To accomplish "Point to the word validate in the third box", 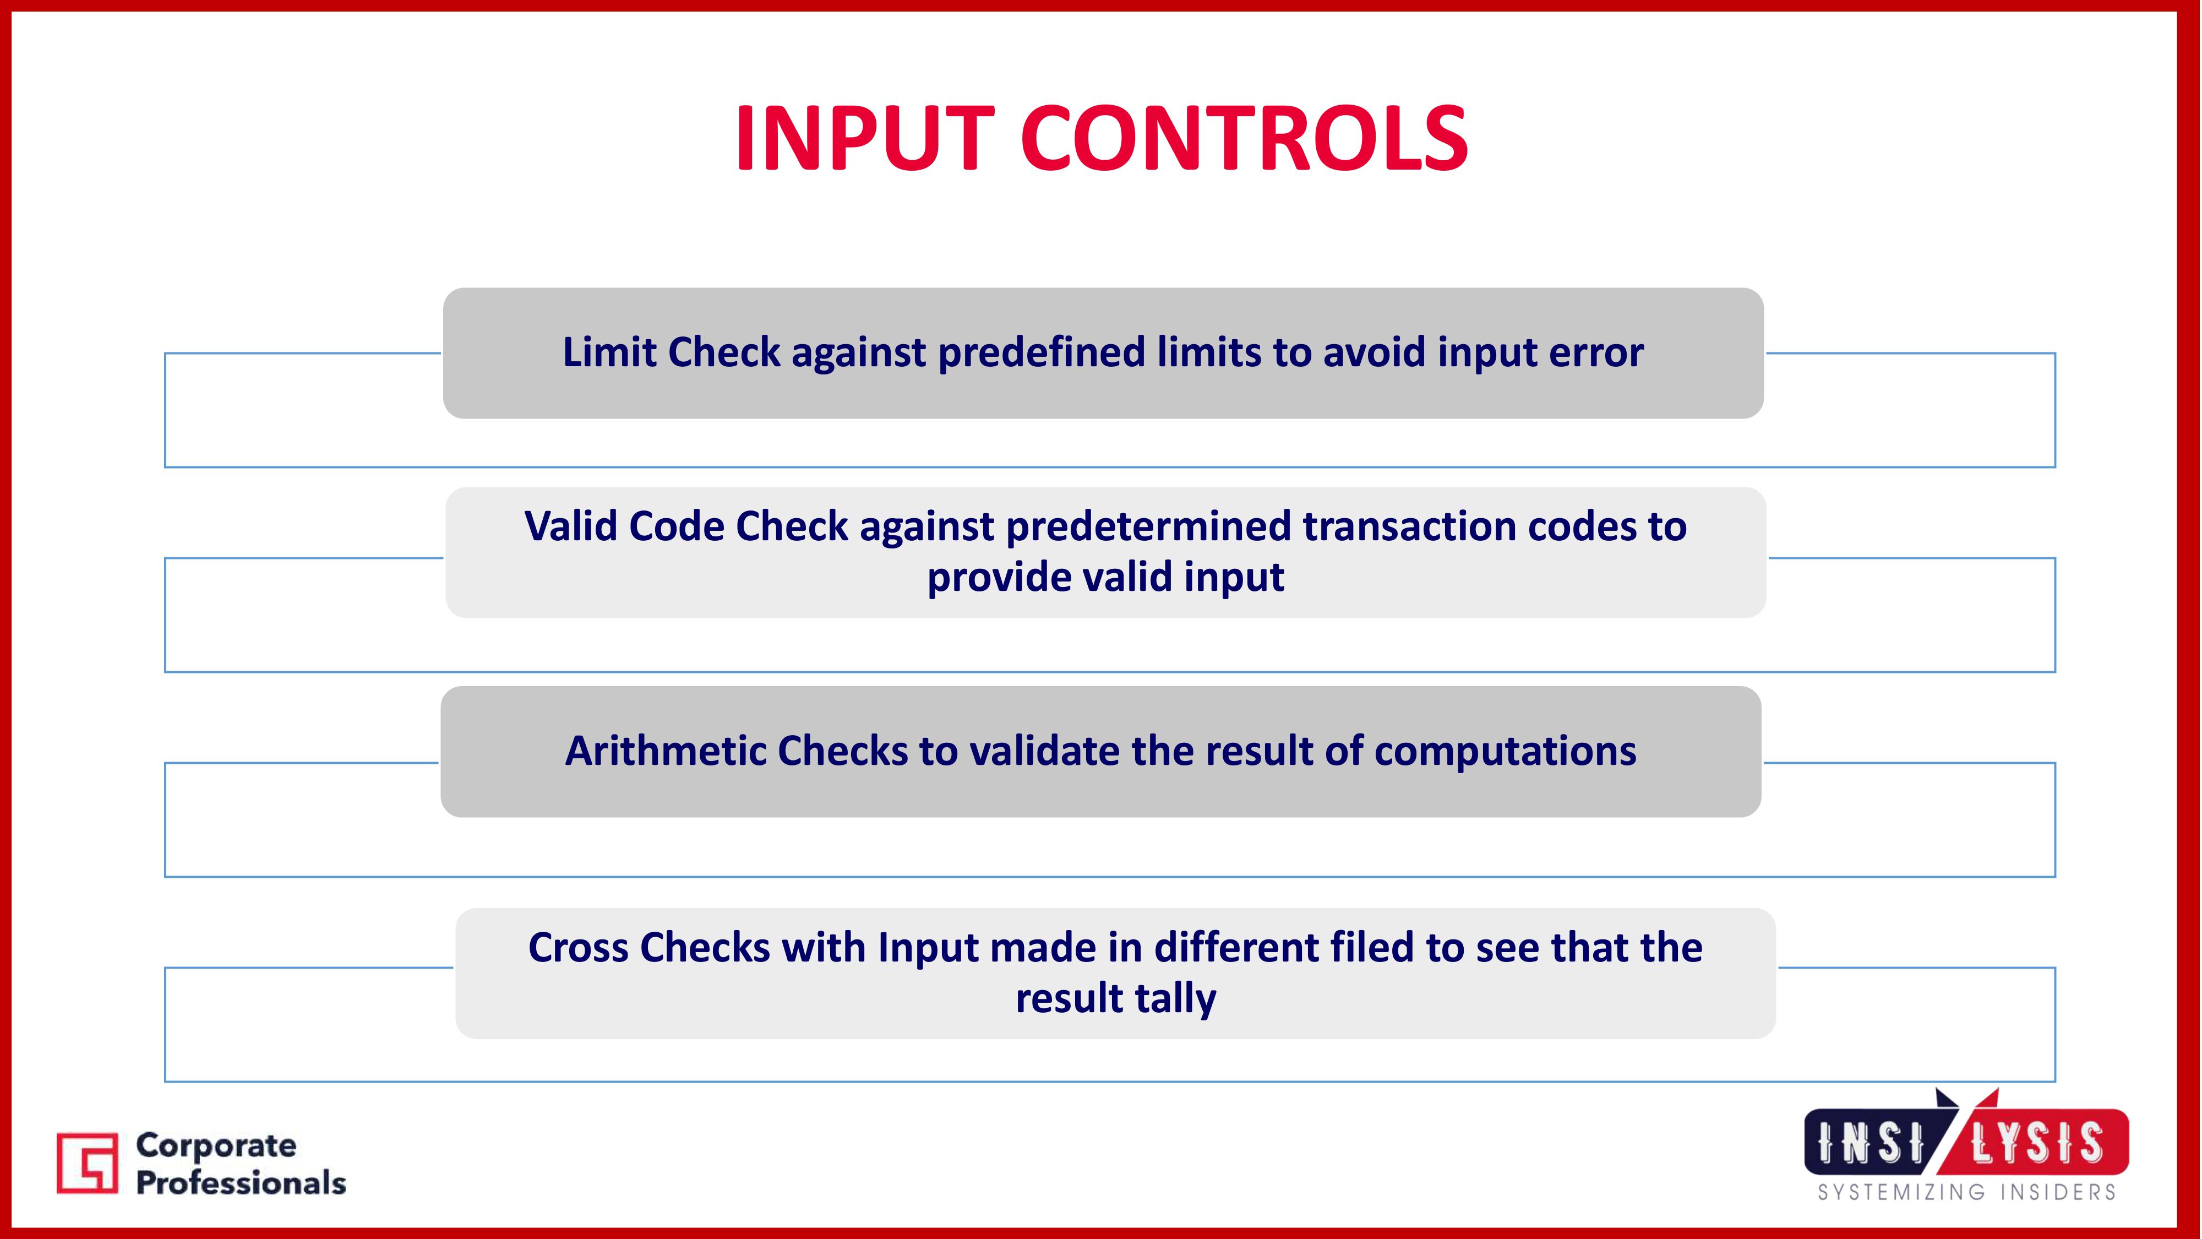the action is tap(1042, 751).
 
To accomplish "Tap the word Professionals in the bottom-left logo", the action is tap(241, 1183).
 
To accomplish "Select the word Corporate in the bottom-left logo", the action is tap(216, 1146).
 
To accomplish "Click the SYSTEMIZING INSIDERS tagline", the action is tap(1966, 1192).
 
